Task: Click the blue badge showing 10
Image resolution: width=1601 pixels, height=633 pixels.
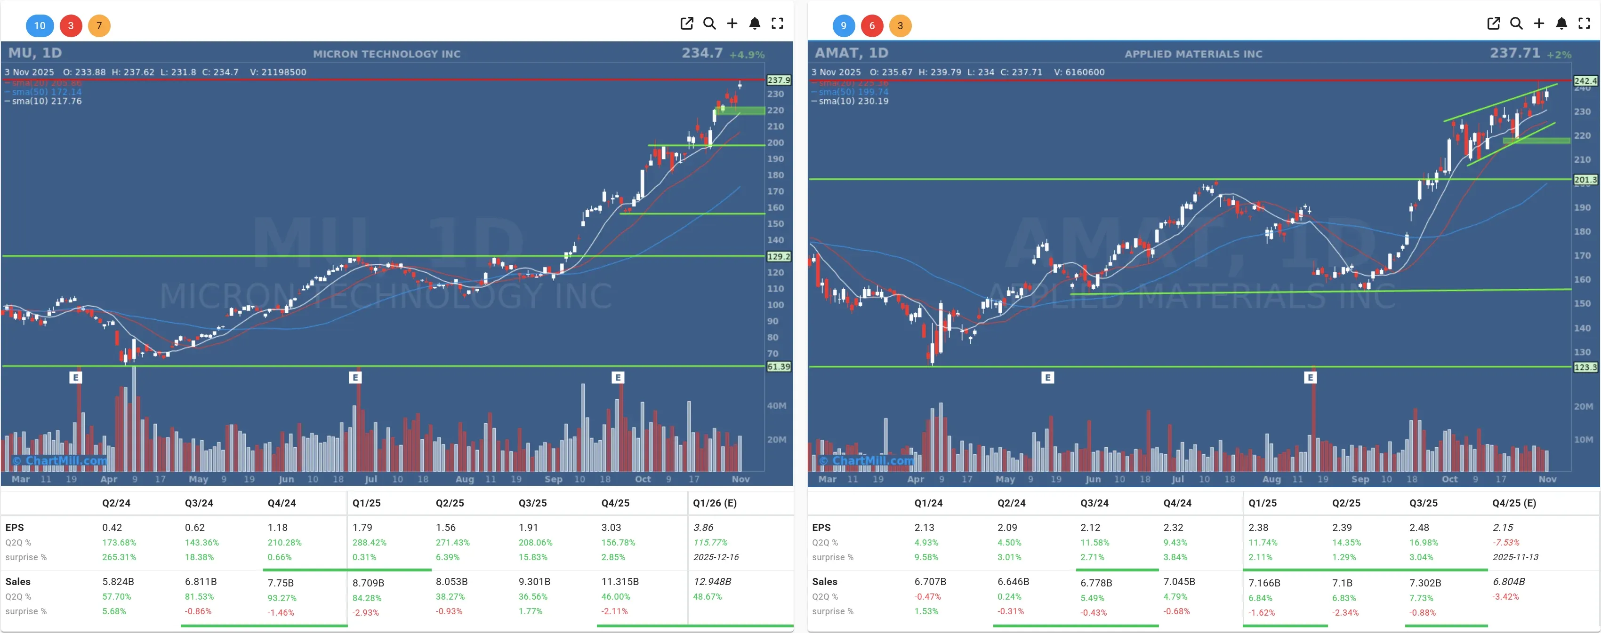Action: click(x=40, y=25)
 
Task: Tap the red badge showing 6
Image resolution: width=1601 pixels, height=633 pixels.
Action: click(x=871, y=25)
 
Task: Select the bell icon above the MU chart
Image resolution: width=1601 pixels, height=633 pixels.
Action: click(x=755, y=24)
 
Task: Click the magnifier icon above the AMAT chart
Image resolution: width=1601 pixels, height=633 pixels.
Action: click(x=1516, y=24)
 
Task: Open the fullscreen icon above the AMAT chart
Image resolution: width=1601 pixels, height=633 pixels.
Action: click(x=1584, y=24)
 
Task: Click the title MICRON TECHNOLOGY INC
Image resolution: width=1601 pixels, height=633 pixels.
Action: click(x=386, y=54)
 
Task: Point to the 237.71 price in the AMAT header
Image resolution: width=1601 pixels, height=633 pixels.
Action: click(x=1514, y=54)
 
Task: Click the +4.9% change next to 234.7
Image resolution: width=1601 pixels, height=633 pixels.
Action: click(x=747, y=55)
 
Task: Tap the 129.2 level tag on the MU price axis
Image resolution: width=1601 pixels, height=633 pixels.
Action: click(x=778, y=256)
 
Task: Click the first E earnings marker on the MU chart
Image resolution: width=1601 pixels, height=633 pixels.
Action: click(x=76, y=377)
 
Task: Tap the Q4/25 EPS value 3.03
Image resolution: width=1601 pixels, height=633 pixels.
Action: click(x=611, y=527)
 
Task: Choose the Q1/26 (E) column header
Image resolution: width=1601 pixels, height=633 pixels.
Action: click(x=715, y=503)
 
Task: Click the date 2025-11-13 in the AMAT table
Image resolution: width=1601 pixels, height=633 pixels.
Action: click(x=1515, y=557)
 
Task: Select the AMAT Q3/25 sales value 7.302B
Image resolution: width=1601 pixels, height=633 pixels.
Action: click(x=1424, y=583)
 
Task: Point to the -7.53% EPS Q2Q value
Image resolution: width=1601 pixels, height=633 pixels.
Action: click(x=1506, y=542)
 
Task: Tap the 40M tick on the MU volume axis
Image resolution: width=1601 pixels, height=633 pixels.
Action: click(x=776, y=406)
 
